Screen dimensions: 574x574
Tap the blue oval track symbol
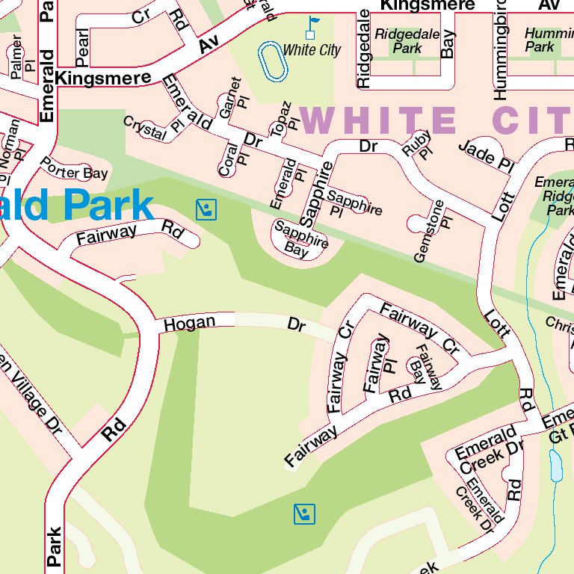tap(273, 61)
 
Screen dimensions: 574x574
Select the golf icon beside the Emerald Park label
tap(206, 209)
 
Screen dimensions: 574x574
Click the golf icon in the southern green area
tap(304, 513)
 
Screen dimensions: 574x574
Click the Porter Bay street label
tap(74, 168)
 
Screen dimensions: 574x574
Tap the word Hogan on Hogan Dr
tap(189, 324)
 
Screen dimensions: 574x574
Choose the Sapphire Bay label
tap(300, 240)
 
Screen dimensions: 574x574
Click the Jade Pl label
tap(487, 155)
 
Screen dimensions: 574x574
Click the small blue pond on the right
tap(555, 466)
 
